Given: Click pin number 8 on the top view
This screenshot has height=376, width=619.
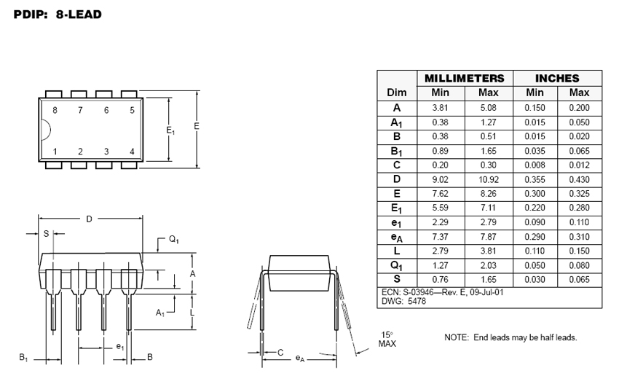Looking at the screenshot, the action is [55, 110].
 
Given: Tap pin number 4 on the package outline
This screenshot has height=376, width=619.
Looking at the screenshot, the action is [132, 152].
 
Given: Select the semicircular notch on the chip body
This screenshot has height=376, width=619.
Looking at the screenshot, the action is [46, 129].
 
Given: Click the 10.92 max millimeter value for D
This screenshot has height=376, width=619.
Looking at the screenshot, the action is [489, 180].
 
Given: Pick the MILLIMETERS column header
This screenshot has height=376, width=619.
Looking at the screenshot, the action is [465, 78].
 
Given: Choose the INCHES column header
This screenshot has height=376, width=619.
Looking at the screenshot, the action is [557, 78].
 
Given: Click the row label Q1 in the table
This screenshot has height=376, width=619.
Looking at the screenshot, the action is [396, 265].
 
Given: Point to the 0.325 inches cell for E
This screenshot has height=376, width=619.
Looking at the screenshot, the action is [579, 194].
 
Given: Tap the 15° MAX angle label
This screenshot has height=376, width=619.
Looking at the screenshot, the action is [387, 340].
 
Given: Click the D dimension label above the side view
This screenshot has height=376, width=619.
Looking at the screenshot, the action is [89, 219].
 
